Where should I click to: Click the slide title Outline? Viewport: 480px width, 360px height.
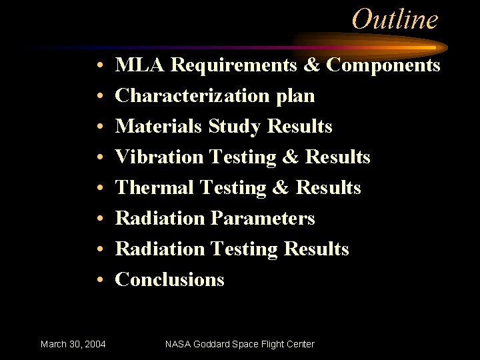(x=395, y=19)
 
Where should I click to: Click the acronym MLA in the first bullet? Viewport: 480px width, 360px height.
(x=140, y=65)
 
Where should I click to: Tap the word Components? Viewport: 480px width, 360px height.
(x=383, y=65)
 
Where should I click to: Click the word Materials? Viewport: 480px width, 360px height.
(x=159, y=127)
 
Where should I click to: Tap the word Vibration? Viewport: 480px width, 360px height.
(x=159, y=157)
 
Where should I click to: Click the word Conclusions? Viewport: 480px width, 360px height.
(x=170, y=280)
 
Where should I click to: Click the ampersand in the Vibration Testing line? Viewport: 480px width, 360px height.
(x=290, y=157)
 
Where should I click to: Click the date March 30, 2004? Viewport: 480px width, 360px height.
(x=73, y=344)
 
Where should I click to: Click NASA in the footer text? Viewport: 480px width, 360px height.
(x=177, y=344)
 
